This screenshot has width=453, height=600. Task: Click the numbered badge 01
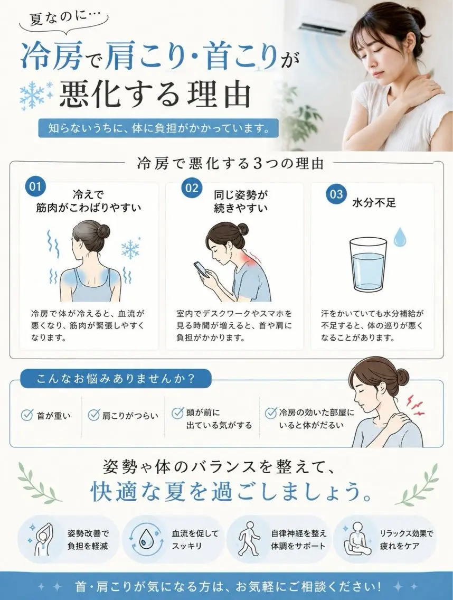(x=35, y=186)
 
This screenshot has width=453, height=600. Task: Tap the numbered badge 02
(x=192, y=187)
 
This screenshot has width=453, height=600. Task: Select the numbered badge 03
(x=336, y=194)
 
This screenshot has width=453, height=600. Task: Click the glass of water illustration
(x=367, y=265)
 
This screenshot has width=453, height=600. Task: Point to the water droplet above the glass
(x=400, y=237)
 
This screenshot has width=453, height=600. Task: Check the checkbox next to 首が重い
(x=26, y=415)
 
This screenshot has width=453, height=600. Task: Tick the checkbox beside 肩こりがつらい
(x=94, y=415)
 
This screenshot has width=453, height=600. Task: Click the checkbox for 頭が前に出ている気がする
(x=177, y=413)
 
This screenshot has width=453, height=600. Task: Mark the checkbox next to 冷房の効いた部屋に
(x=271, y=413)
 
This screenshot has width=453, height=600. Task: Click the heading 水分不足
(x=373, y=203)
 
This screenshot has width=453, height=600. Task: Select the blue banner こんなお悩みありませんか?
(x=116, y=379)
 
